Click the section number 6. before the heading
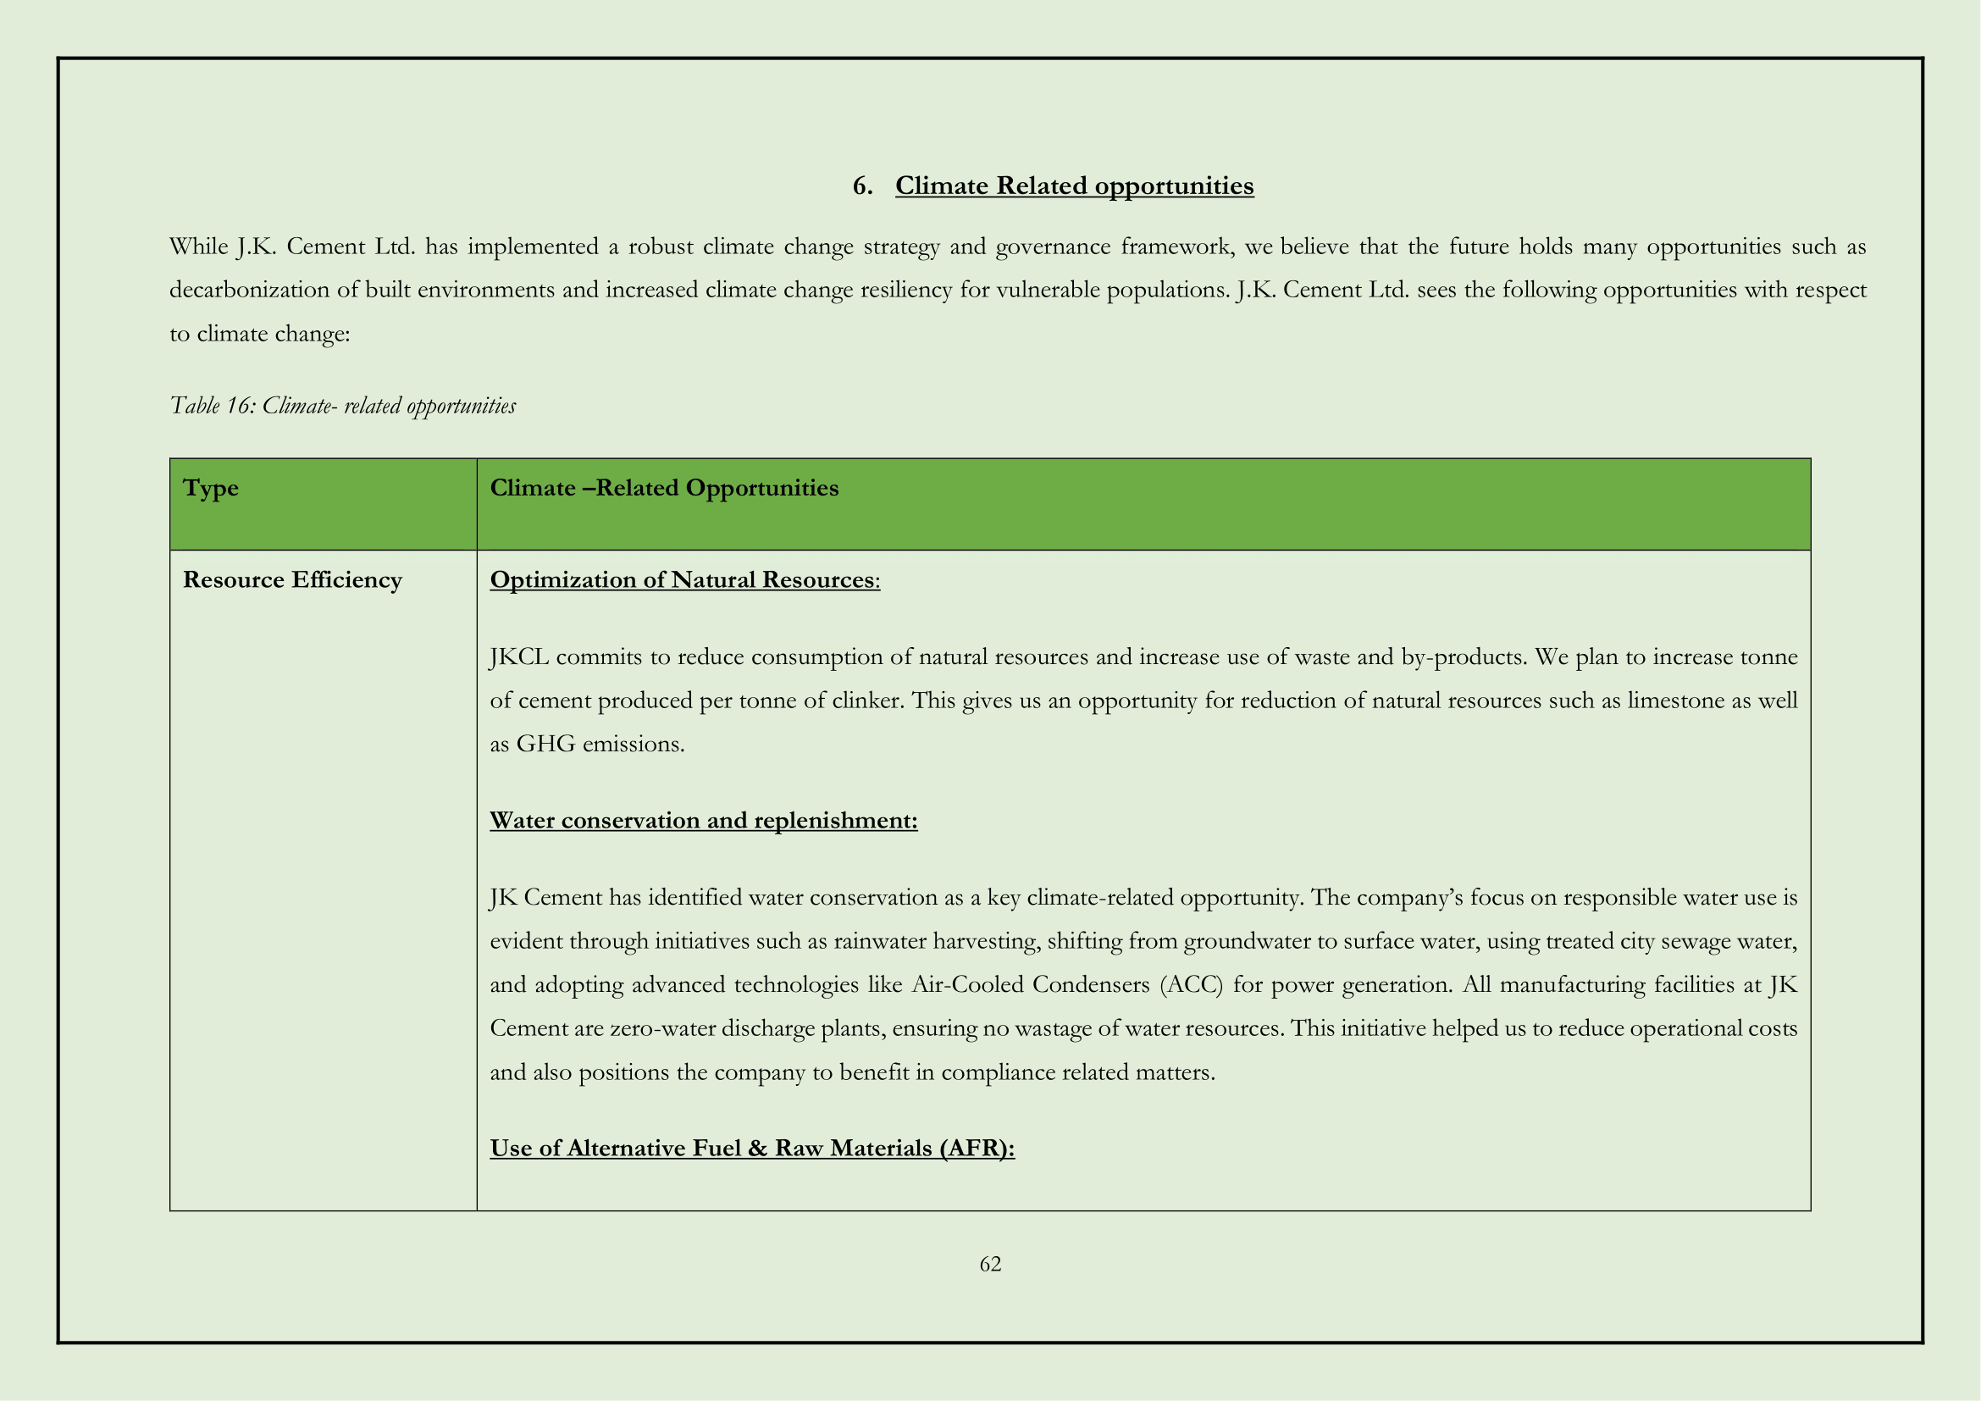pos(862,186)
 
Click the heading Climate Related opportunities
pos(1073,186)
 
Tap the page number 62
pos(989,1264)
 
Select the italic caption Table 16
pos(342,406)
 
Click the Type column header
pos(211,488)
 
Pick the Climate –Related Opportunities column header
pos(663,488)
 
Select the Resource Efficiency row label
pos(291,579)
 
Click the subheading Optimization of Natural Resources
pos(684,579)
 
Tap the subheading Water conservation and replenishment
pos(703,821)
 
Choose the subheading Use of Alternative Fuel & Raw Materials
pos(751,1149)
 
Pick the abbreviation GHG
pos(545,744)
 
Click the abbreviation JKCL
pos(518,657)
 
